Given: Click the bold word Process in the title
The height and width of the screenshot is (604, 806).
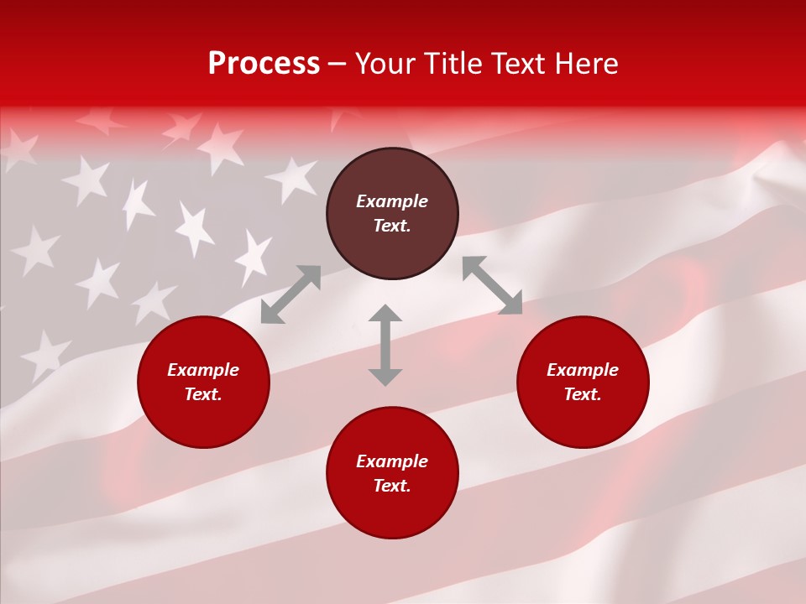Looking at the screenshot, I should (x=264, y=64).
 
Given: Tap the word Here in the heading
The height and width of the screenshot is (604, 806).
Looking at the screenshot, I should (x=584, y=64).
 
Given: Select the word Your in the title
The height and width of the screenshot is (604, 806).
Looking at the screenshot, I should (x=386, y=64).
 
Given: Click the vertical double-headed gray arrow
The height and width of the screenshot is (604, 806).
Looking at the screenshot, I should (x=385, y=345).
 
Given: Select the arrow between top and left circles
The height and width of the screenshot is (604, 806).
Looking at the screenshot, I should (x=291, y=294).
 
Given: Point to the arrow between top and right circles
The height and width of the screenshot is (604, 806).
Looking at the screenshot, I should (x=492, y=285).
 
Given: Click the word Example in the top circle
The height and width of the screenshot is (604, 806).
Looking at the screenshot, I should (x=392, y=201).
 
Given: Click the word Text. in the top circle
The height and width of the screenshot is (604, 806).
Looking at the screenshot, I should (x=392, y=226).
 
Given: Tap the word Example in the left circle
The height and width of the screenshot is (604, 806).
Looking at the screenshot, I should (x=203, y=370).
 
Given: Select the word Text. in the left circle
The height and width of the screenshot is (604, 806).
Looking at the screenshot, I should (x=203, y=394).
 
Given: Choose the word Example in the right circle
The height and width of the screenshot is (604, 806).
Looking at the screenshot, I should (x=583, y=370).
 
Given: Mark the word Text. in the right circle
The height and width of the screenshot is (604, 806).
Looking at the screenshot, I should (x=583, y=394).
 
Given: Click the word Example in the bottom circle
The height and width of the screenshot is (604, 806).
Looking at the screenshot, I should (x=392, y=461).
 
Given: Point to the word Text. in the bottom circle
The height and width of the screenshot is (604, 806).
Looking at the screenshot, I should (x=392, y=486).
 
